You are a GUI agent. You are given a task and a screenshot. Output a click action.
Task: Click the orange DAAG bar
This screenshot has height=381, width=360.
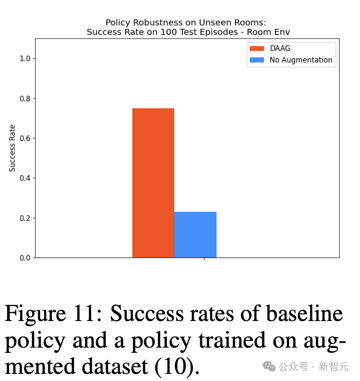click(x=153, y=183)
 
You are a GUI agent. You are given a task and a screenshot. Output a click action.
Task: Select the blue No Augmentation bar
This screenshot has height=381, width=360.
click(x=195, y=235)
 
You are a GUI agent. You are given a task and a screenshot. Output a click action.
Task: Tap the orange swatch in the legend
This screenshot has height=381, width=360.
click(x=257, y=48)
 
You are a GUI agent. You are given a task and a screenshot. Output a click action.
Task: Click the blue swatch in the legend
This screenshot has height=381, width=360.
click(x=257, y=60)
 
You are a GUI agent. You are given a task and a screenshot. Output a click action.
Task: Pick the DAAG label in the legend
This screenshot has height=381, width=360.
click(x=280, y=48)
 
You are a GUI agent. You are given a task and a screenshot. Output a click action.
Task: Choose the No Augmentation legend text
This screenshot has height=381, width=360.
click(x=301, y=60)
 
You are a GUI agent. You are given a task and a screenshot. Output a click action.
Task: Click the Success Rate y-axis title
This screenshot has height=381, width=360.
click(x=12, y=148)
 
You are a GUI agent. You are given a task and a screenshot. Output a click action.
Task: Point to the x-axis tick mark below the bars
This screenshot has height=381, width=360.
click(x=204, y=259)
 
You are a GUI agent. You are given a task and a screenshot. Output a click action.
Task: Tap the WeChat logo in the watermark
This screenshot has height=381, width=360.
click(x=269, y=366)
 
